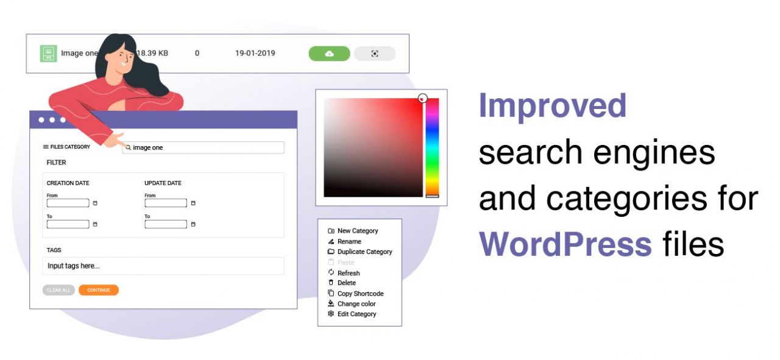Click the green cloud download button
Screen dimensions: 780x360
click(x=329, y=54)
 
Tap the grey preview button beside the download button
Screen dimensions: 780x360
click(x=375, y=54)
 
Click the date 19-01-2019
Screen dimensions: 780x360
click(x=255, y=53)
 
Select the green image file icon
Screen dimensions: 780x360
click(x=48, y=53)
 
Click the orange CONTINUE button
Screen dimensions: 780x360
click(x=99, y=290)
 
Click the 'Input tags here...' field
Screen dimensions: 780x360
click(x=163, y=266)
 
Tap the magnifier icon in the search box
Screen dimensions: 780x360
click(x=128, y=147)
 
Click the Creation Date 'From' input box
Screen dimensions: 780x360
click(x=68, y=203)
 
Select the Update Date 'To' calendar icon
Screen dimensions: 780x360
click(x=193, y=224)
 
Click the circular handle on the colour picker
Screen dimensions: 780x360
click(x=423, y=99)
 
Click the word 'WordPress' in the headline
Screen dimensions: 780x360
click(x=565, y=244)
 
